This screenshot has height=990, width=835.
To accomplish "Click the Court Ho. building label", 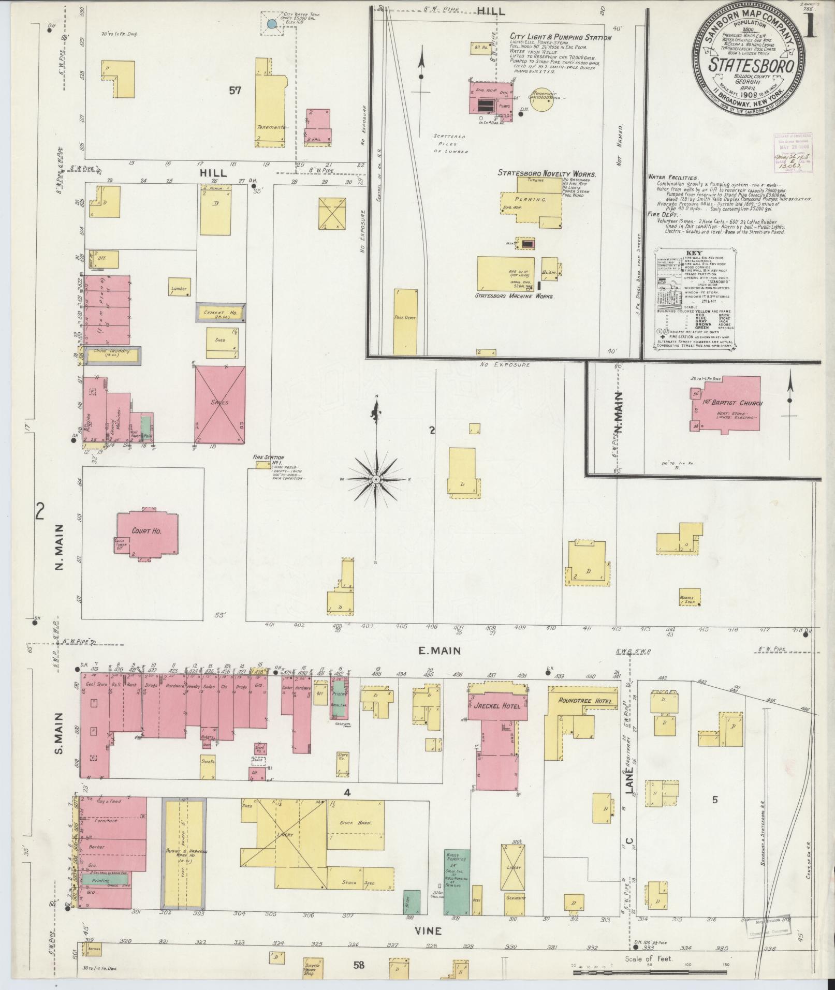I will [148, 531].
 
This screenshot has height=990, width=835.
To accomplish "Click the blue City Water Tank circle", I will [271, 23].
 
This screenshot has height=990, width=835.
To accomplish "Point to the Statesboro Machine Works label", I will [515, 297].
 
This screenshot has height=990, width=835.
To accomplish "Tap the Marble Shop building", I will [690, 596].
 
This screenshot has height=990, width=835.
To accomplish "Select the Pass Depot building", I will [405, 321].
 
